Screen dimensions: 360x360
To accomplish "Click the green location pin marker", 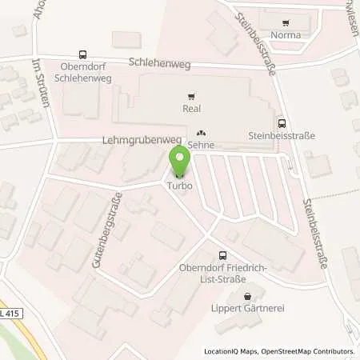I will pos(180,159).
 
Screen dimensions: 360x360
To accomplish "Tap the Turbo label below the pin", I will pos(179,186).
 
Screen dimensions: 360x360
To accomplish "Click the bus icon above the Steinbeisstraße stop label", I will pos(282,123).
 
